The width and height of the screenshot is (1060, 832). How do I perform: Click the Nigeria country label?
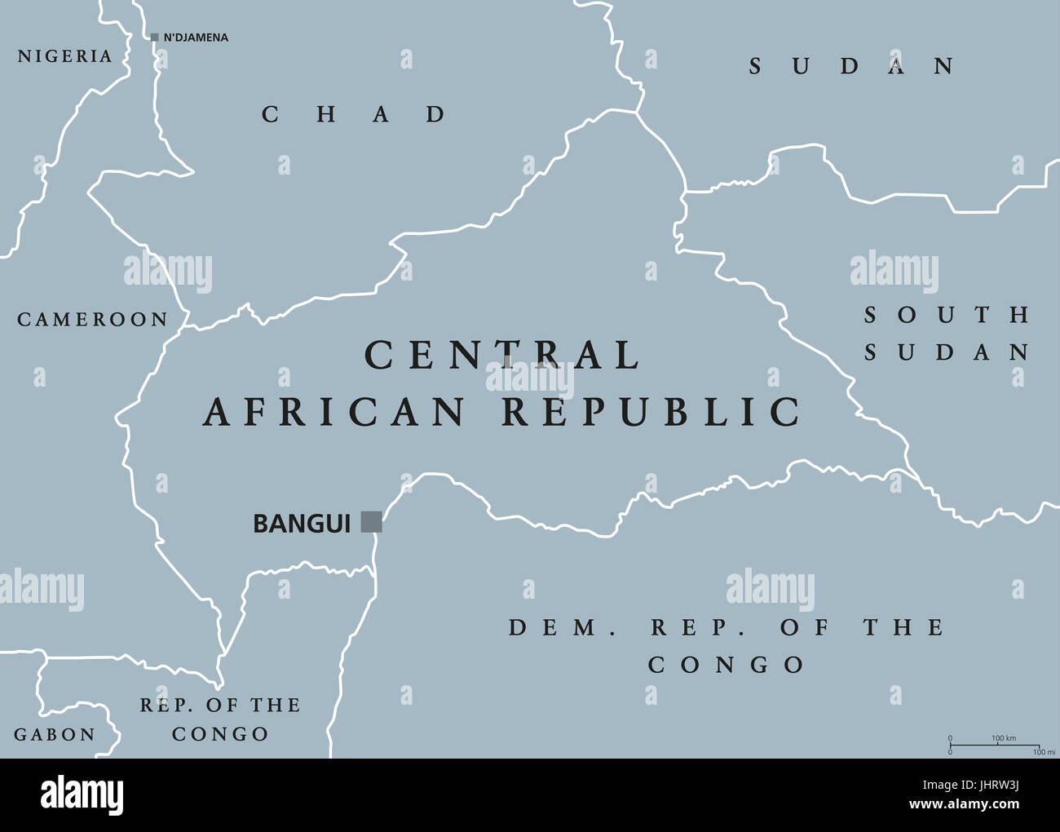pos(64,56)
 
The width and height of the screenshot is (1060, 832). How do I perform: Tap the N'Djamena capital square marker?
pos(155,38)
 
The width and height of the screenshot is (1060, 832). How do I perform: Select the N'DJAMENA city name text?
pos(196,38)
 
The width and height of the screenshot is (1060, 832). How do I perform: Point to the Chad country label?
pos(354,114)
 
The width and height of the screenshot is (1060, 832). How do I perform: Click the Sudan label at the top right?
pos(851,66)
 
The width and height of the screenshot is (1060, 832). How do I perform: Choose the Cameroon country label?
pos(92,320)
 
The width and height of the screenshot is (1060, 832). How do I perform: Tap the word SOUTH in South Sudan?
pos(947,315)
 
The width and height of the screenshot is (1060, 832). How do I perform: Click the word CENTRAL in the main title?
pos(502,356)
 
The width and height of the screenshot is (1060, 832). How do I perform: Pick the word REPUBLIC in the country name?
pos(651,412)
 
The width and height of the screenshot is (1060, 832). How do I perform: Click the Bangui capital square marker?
pos(372,522)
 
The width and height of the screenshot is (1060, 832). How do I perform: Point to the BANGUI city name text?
pos(302,523)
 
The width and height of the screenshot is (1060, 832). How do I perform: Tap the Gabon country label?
pos(55,735)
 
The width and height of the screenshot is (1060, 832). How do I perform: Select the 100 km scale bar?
pos(995,745)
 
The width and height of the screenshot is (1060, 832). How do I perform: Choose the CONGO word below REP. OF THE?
pos(220,734)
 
